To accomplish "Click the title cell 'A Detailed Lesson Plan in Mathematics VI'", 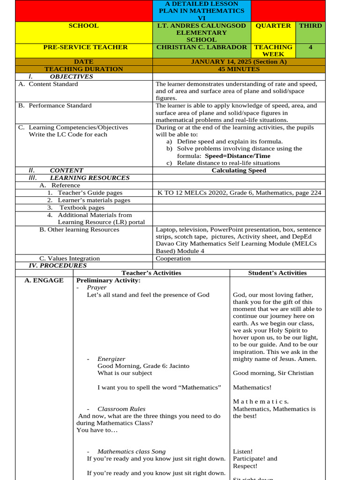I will tap(202, 10).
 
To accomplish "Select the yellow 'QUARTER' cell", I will tap(273, 26).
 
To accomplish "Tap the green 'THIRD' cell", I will tap(310, 26).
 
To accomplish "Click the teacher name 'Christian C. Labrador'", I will tap(202, 47).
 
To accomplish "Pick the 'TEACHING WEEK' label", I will tap(273, 51).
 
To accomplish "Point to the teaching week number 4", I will tap(310, 47).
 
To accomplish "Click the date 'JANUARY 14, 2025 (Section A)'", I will tap(239, 62).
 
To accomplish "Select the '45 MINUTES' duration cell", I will tap(239, 69).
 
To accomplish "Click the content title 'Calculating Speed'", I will tap(239, 171).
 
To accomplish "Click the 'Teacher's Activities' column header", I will tap(151, 273).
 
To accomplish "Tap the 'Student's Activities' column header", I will tap(277, 273).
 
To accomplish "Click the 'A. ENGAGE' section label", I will tap(44, 280).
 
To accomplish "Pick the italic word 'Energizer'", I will tap(111, 359).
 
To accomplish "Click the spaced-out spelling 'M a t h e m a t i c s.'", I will tap(261, 402).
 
